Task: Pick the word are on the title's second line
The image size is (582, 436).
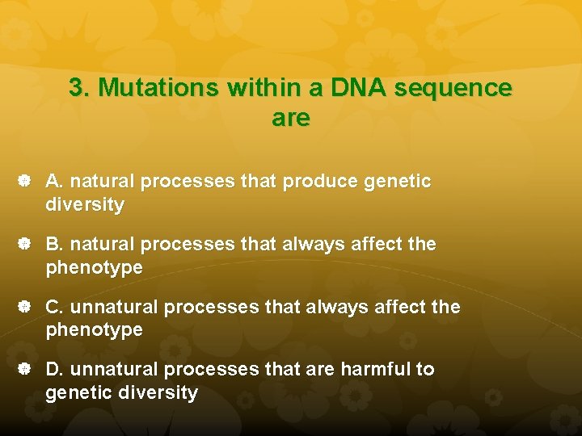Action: point(291,118)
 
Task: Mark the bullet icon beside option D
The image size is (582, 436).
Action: point(25,369)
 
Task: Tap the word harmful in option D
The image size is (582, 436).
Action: point(375,369)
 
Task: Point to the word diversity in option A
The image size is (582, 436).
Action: point(85,205)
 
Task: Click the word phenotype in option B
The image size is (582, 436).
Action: point(94,267)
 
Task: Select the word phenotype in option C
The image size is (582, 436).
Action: point(94,330)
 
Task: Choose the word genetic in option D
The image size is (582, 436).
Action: point(77,393)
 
